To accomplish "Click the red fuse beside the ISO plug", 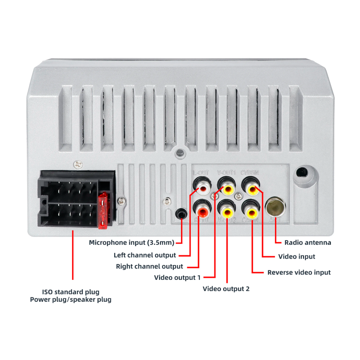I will (103, 211).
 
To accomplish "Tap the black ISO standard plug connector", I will (74, 199).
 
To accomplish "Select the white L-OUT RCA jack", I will (203, 189).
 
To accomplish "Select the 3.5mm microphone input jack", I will (181, 214).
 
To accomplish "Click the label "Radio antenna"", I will (308, 243).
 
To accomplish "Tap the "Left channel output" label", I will (144, 255).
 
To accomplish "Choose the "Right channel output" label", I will (149, 266).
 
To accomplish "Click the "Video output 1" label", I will (177, 278).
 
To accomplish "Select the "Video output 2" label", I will (226, 289).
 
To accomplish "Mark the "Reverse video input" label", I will (299, 272).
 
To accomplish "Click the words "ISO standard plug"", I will (71, 292).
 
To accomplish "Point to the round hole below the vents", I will (180, 153).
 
